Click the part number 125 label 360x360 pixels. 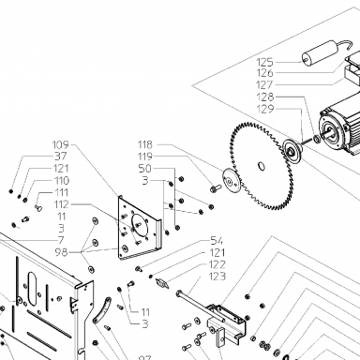click(264, 62)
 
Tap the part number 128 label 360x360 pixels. click(265, 97)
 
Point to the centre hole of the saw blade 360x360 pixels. click(262, 166)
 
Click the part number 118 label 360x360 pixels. click(145, 144)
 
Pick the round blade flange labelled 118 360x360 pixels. click(232, 181)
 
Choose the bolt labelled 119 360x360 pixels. click(216, 188)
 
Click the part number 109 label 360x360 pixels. click(60, 144)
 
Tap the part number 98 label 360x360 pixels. click(61, 252)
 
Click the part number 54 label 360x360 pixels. click(217, 241)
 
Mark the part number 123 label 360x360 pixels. click(217, 277)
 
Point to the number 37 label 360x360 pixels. click(61, 156)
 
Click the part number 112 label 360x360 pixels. click(61, 204)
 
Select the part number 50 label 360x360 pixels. click(144, 169)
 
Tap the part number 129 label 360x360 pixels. click(265, 109)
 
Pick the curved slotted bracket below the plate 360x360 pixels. click(102, 311)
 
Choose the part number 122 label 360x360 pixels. click(217, 264)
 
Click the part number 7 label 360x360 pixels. click(61, 240)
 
